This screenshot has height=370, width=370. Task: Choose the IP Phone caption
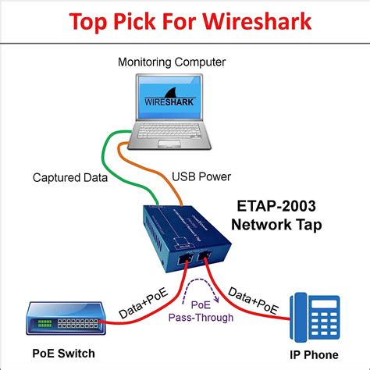pyautogui.click(x=315, y=352)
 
